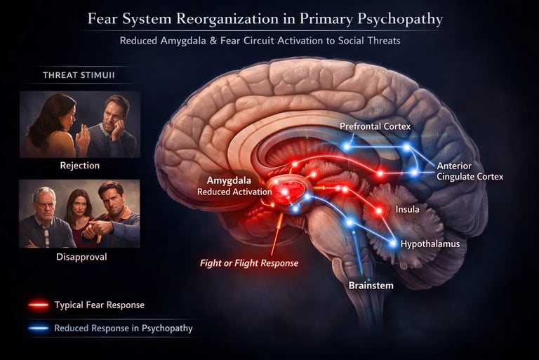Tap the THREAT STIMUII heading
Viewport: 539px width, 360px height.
[x=79, y=75]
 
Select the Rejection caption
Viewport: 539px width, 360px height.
[x=80, y=166]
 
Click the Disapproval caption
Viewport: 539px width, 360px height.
[x=80, y=258]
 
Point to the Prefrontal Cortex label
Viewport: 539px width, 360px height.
[x=375, y=126]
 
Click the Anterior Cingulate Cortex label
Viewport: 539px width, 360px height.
[x=470, y=171]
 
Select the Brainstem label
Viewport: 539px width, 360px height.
[x=371, y=286]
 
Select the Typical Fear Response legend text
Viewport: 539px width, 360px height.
[x=99, y=305]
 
